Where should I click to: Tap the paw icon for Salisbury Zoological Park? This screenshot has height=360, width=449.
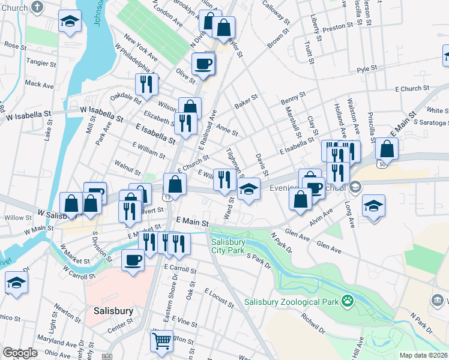(347, 299)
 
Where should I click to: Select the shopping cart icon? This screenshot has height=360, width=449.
(161, 341)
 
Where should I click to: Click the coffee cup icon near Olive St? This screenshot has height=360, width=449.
(203, 64)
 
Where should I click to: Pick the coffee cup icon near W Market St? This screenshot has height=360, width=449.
(133, 260)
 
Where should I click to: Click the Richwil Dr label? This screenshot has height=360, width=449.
(314, 325)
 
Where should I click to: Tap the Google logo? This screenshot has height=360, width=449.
(20, 353)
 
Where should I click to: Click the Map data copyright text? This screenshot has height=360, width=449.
(424, 355)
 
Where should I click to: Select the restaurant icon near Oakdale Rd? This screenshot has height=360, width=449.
(146, 85)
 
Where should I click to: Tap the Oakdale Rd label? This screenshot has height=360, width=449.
(125, 98)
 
